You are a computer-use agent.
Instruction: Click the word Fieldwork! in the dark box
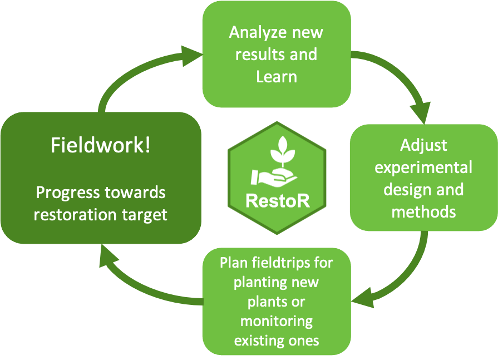click(100, 146)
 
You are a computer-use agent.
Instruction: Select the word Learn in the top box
click(277, 76)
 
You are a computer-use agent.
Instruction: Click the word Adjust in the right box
click(423, 146)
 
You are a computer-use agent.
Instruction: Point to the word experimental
click(423, 167)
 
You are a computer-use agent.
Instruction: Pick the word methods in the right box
click(423, 211)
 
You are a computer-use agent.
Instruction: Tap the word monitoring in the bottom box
click(277, 320)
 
